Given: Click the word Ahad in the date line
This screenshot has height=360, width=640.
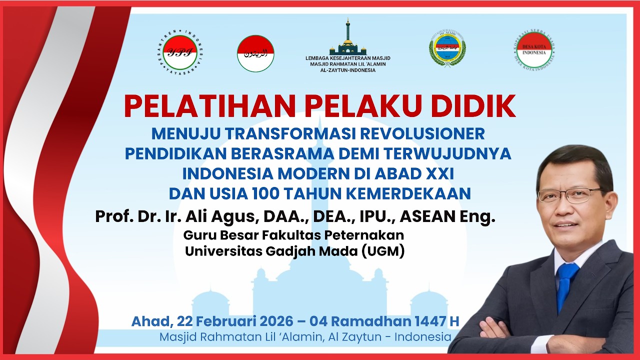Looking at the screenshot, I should click(x=148, y=321).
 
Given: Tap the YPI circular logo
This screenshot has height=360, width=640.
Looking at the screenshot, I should click(x=179, y=52).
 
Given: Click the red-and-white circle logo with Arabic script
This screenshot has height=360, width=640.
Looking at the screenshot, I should click(x=255, y=53).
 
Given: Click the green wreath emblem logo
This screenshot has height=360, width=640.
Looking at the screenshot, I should click(x=447, y=49).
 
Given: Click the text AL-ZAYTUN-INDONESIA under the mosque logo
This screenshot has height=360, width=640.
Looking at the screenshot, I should click(x=347, y=70).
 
